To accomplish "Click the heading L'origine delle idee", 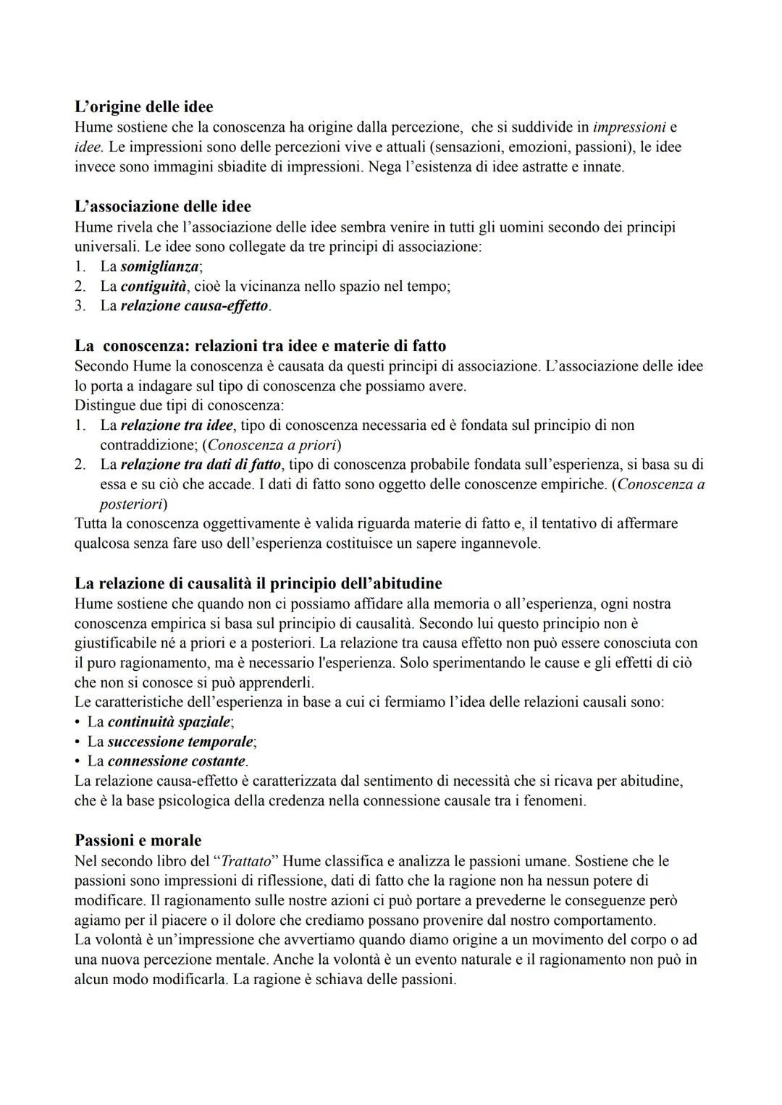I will coord(143,107).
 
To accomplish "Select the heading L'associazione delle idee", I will coord(163,207).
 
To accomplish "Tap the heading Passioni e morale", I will coord(138,841).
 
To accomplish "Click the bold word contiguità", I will coord(153,287).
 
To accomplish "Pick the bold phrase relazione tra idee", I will coord(177,426).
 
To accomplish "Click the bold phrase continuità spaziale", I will coord(169,722).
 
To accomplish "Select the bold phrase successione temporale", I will coord(180,742).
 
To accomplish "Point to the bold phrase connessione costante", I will coord(176,761).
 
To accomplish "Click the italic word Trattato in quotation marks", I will coord(245,861).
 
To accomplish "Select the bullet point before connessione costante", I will coord(77,761).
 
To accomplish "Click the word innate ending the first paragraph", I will coord(602,167).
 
